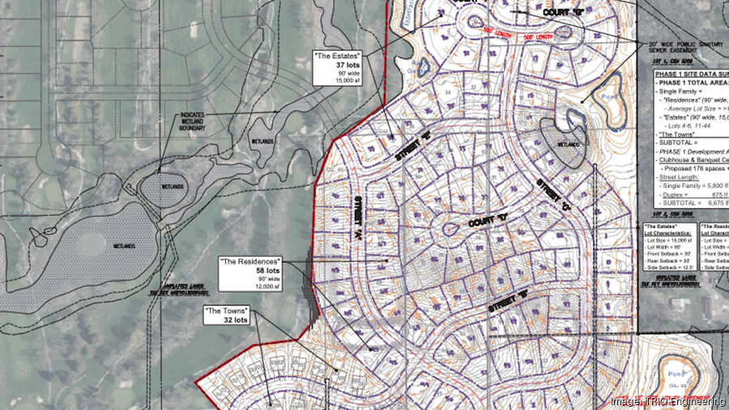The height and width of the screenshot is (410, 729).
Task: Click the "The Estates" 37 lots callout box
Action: click(x=339, y=69)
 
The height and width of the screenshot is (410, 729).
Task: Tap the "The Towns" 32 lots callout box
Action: click(x=227, y=315)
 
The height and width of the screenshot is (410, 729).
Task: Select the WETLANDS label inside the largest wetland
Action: click(x=123, y=246)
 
